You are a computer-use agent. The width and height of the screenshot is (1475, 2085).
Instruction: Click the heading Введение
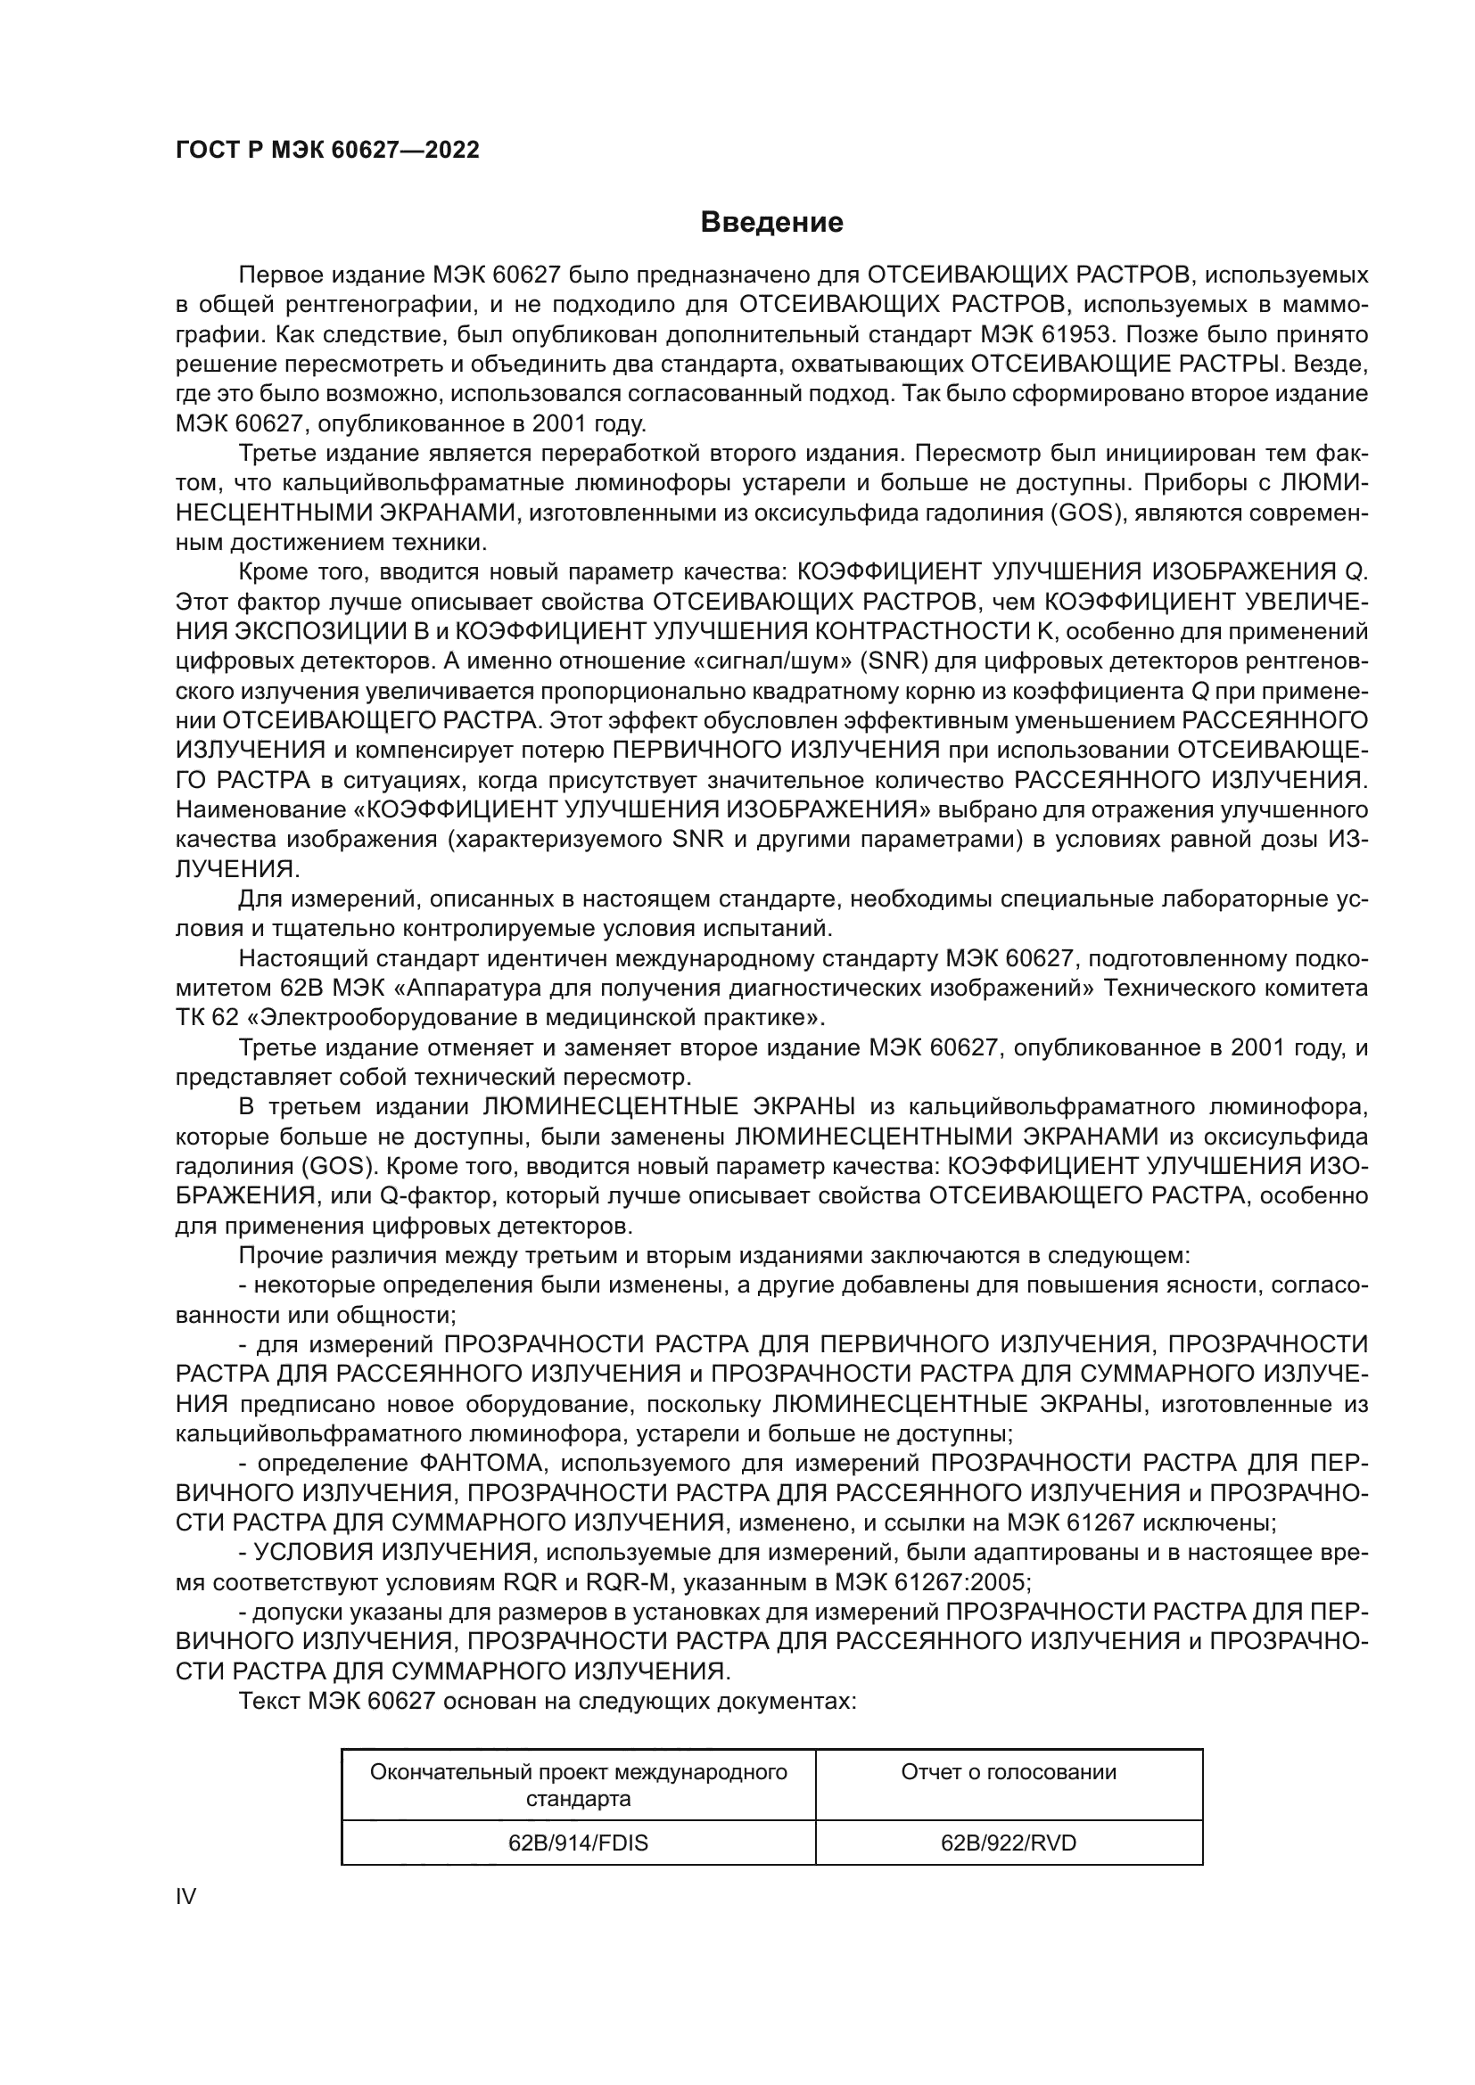(771, 223)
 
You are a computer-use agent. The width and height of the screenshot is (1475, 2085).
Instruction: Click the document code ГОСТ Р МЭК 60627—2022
(327, 150)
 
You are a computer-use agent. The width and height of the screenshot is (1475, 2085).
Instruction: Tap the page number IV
(185, 1896)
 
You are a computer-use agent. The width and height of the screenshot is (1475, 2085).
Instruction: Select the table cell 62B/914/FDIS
(578, 1843)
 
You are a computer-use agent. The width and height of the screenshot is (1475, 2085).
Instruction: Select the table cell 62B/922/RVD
(1009, 1843)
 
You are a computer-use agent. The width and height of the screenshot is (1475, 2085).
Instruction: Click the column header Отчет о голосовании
(1009, 1772)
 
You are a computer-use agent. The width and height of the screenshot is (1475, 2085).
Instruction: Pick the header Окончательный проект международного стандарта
(578, 1785)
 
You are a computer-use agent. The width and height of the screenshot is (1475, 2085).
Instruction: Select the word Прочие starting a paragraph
(276, 1256)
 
